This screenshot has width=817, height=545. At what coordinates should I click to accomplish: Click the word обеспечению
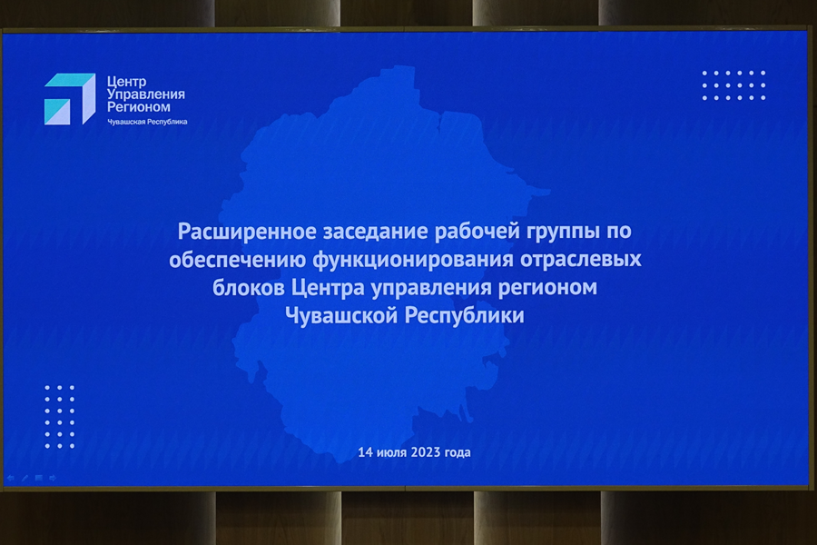coord(237,260)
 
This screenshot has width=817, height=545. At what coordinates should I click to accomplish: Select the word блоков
coord(248,287)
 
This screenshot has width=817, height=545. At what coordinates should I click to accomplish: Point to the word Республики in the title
coord(465,316)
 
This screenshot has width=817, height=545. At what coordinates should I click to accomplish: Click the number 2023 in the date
coord(426,452)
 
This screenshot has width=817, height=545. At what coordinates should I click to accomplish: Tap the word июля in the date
coord(389,452)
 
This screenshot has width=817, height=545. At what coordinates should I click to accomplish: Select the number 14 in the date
coord(364,452)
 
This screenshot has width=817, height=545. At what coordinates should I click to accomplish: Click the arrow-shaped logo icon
coord(70,99)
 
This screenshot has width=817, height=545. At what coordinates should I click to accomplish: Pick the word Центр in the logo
coord(126,82)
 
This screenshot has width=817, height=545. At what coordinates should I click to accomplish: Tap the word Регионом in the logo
coord(139,107)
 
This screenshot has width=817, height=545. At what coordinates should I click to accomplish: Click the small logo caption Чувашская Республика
coord(147,122)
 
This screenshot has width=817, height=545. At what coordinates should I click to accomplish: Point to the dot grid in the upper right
coord(733,85)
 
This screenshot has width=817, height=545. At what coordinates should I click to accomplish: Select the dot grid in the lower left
coord(59,417)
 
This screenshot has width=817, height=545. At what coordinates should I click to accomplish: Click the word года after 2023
coord(458,452)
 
